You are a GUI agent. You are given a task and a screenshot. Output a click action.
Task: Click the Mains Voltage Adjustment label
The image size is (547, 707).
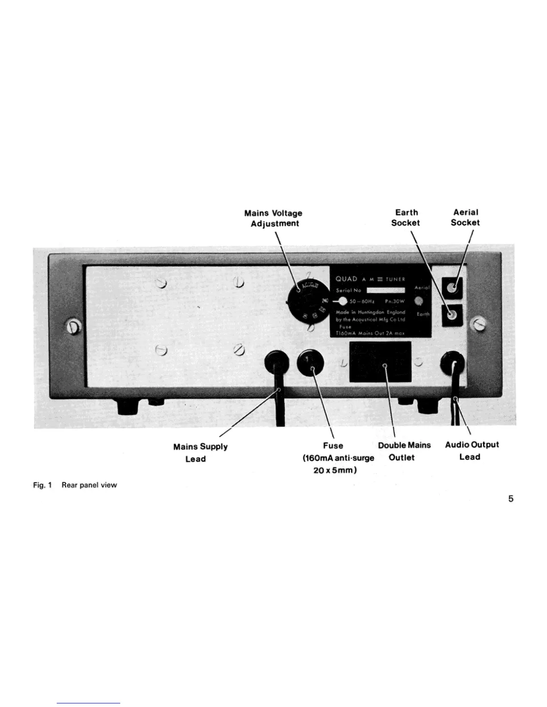(273, 218)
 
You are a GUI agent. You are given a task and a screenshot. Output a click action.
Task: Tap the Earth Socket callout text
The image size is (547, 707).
(406, 217)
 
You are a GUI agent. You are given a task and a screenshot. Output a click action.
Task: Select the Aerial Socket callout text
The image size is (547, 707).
(465, 217)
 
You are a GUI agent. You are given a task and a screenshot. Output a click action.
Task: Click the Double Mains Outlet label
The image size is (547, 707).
(404, 451)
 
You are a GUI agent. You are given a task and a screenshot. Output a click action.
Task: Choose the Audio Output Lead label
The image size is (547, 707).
(471, 450)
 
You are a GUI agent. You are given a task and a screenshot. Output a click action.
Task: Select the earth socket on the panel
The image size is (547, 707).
(452, 316)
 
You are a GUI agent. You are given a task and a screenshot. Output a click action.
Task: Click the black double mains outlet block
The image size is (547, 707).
(380, 362)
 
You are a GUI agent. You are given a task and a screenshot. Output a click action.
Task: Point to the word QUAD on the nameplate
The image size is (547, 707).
(346, 279)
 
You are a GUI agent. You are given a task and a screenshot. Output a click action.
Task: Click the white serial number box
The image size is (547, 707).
(385, 290)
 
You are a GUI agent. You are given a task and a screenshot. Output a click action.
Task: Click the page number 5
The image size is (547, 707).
(510, 499)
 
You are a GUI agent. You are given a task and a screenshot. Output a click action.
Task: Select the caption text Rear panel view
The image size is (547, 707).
(89, 485)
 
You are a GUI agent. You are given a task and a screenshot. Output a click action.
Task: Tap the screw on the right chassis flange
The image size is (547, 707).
(479, 322)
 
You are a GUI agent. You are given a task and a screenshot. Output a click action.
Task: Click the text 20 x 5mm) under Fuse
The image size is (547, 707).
(335, 470)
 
